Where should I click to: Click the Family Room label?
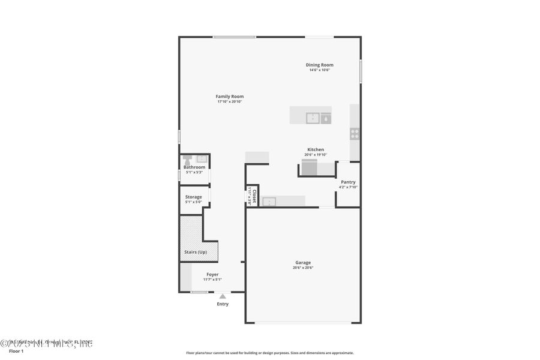[230, 97]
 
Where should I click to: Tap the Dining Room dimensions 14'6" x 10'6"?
[319, 70]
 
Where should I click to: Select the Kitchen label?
[316, 149]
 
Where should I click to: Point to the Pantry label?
[348, 182]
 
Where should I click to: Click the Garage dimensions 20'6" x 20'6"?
[303, 268]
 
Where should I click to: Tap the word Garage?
[303, 262]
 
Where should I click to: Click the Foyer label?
[212, 274]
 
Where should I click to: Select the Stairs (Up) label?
[195, 252]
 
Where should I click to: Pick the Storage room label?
[193, 197]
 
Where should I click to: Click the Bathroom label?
[194, 167]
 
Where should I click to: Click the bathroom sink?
[202, 159]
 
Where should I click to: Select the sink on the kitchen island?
[313, 118]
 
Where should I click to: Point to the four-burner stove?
[355, 134]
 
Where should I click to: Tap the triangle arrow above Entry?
[223, 296]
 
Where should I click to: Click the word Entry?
[223, 304]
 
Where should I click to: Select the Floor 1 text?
[16, 351]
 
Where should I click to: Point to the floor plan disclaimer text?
[269, 353]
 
